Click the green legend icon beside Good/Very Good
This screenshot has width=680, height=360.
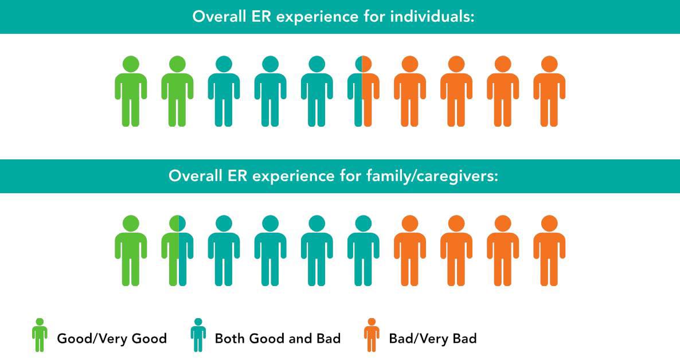coord(40,335)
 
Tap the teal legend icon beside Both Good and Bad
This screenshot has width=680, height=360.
coord(198,335)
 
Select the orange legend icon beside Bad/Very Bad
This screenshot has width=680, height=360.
coord(372,335)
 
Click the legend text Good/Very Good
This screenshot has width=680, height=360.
coord(112,339)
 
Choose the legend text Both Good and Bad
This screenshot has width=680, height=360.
coord(278,338)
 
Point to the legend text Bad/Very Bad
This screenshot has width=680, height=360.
coord(433,339)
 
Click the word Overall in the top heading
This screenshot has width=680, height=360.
coord(219,17)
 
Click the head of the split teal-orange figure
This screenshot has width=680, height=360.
coord(363,64)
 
